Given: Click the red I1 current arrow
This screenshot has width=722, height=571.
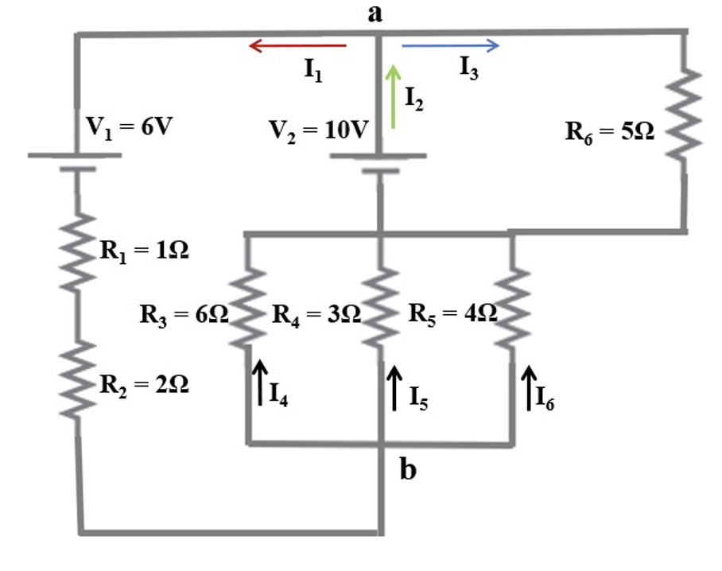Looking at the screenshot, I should click(x=297, y=46).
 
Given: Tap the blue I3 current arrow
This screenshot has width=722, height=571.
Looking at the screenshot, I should click(x=450, y=46).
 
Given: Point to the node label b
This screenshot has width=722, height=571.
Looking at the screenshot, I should click(x=407, y=470).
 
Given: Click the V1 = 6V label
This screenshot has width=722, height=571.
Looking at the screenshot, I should click(x=129, y=127).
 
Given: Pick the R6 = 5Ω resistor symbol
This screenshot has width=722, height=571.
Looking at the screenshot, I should click(x=685, y=114).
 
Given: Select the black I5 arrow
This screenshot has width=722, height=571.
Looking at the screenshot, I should click(x=393, y=386).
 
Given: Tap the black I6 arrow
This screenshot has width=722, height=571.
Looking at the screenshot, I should click(x=528, y=386).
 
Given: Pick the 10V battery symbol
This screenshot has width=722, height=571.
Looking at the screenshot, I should click(x=378, y=161).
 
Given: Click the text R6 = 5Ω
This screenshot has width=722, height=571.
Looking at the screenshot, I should click(x=610, y=132).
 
